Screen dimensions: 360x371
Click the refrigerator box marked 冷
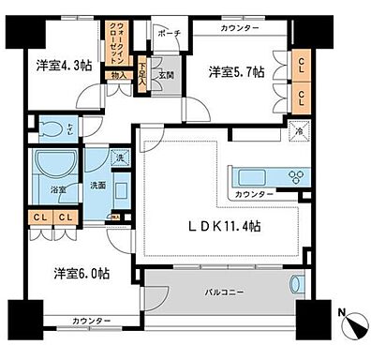pos(299,132)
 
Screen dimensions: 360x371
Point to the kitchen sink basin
pos(253,175)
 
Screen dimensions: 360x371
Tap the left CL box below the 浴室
pos(41,220)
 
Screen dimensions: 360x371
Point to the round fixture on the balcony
pos(299,286)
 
